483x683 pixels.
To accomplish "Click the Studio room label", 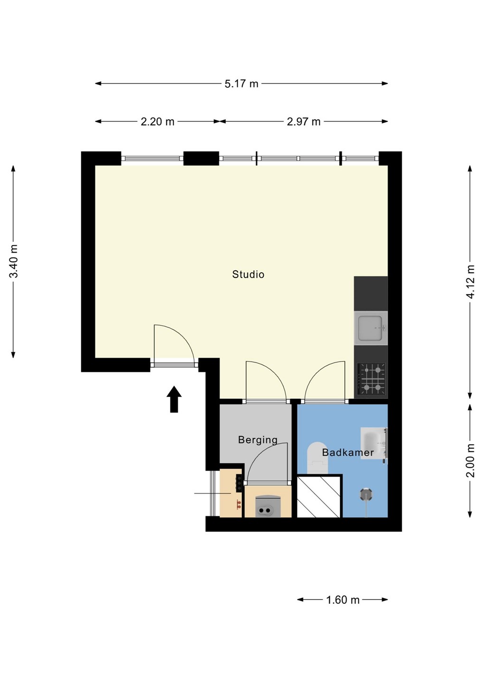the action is coord(248,275).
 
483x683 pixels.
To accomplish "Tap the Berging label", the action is coord(258,440).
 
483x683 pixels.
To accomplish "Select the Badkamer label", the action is coord(348,452).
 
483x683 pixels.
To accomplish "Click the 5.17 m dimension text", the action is coord(241,84).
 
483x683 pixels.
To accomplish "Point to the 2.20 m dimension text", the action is coord(158,122).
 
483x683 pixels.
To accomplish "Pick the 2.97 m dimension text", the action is coord(304,122).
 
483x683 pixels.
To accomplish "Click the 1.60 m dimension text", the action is coord(343,600).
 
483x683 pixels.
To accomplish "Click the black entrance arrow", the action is coord(174,399).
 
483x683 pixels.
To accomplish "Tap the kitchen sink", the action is coord(371,328).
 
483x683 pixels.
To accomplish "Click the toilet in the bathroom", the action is coord(317,458).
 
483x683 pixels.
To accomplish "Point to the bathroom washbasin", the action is coord(374,443).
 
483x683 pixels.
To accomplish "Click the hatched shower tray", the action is coord(318,496).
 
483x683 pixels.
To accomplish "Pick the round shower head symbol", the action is coord(366,494).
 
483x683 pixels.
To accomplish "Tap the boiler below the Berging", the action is coord(268,507).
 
